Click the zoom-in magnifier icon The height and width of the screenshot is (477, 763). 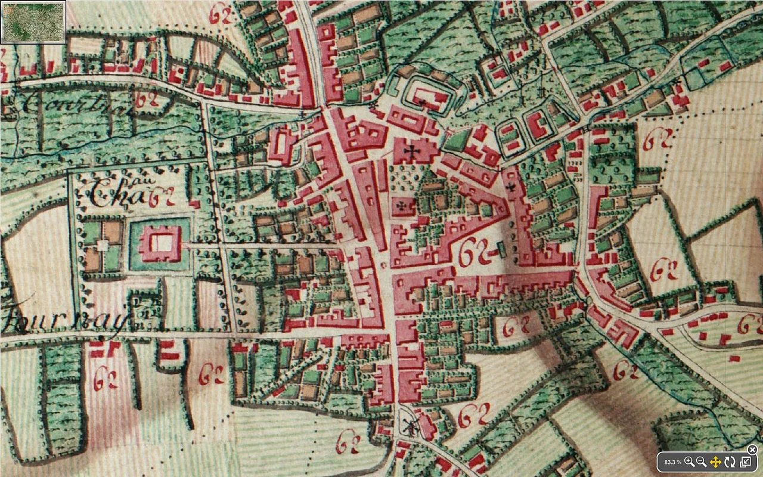tap(690, 461)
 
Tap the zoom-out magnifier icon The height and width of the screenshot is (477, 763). tap(702, 461)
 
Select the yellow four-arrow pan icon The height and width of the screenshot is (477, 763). tap(716, 461)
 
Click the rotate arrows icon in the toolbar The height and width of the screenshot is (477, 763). tap(730, 461)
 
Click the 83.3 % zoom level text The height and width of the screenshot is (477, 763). tap(673, 462)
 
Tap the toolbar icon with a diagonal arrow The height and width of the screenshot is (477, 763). tap(745, 461)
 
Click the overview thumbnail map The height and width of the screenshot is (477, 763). tap(33, 22)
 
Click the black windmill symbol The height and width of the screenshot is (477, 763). tap(409, 426)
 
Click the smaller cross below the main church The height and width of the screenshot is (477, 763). tap(402, 206)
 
